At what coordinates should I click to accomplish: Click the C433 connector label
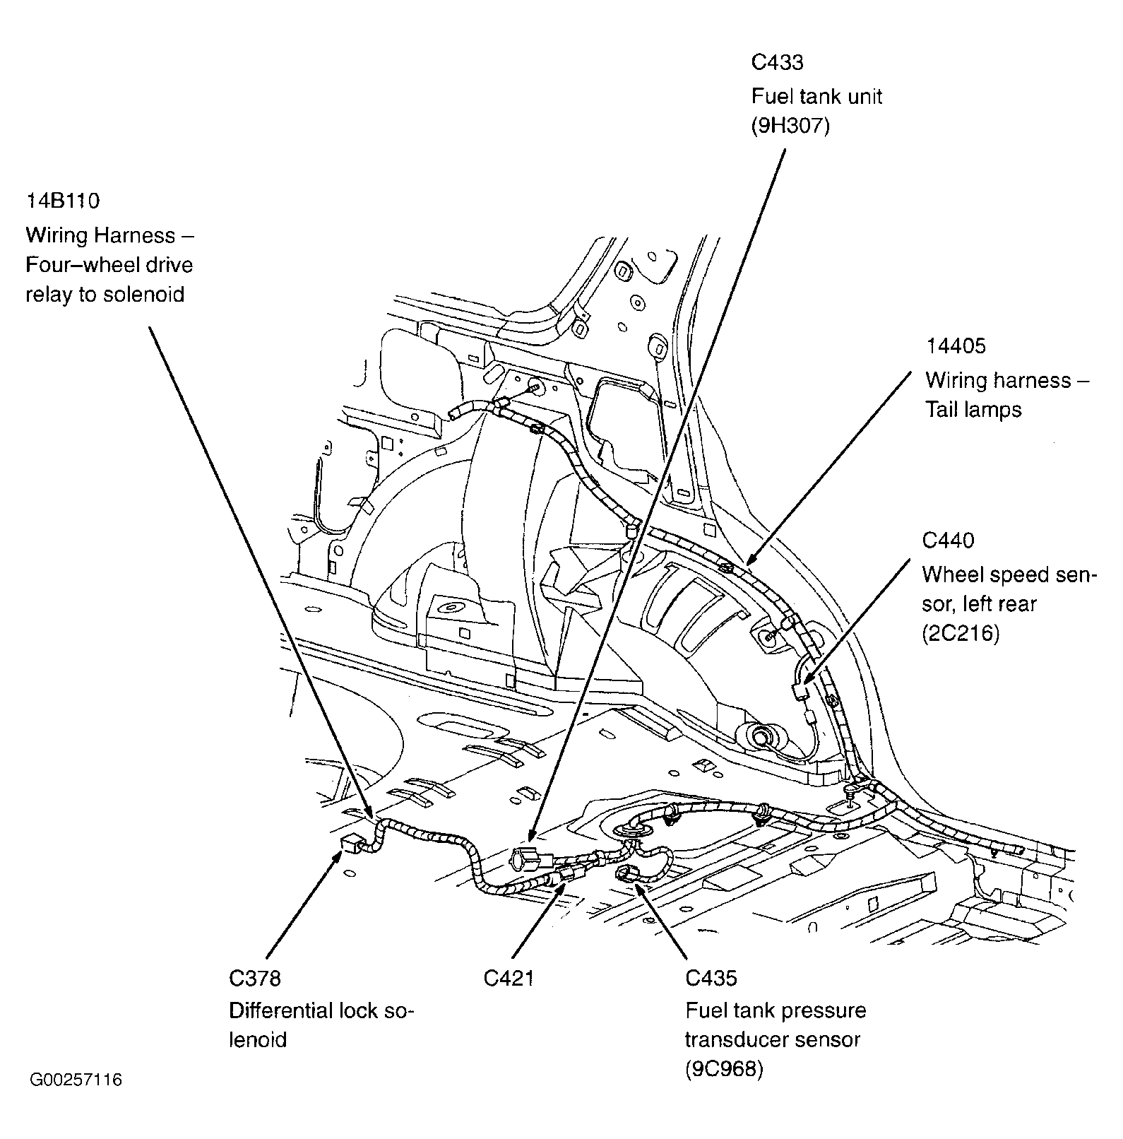point(776,63)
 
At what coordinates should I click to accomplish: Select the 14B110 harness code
point(63,201)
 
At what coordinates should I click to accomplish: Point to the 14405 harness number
point(956,346)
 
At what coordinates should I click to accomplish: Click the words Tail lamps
point(973,410)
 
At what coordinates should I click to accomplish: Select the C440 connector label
point(948,541)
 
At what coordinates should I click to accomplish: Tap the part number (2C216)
point(961,634)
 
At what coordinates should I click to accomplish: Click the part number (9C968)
point(724,1070)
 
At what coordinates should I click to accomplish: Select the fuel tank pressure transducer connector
point(626,875)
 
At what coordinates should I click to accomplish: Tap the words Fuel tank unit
point(816,96)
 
